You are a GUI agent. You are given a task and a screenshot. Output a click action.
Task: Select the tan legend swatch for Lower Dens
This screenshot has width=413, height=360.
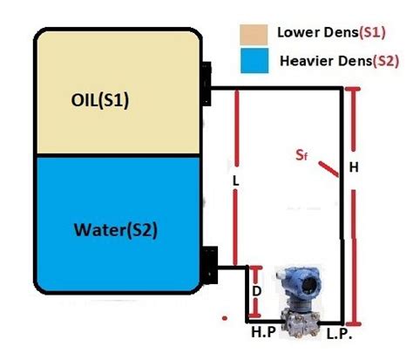[x=254, y=36]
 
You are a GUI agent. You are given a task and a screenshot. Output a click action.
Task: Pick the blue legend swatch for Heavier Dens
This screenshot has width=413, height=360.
[x=254, y=62]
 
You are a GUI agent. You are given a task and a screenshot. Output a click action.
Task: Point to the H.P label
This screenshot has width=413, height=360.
[x=264, y=334]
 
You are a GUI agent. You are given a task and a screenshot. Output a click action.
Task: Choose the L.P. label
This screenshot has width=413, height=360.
[x=340, y=334]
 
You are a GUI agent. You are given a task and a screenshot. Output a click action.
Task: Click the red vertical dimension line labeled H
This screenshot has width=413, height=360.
[x=353, y=209]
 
